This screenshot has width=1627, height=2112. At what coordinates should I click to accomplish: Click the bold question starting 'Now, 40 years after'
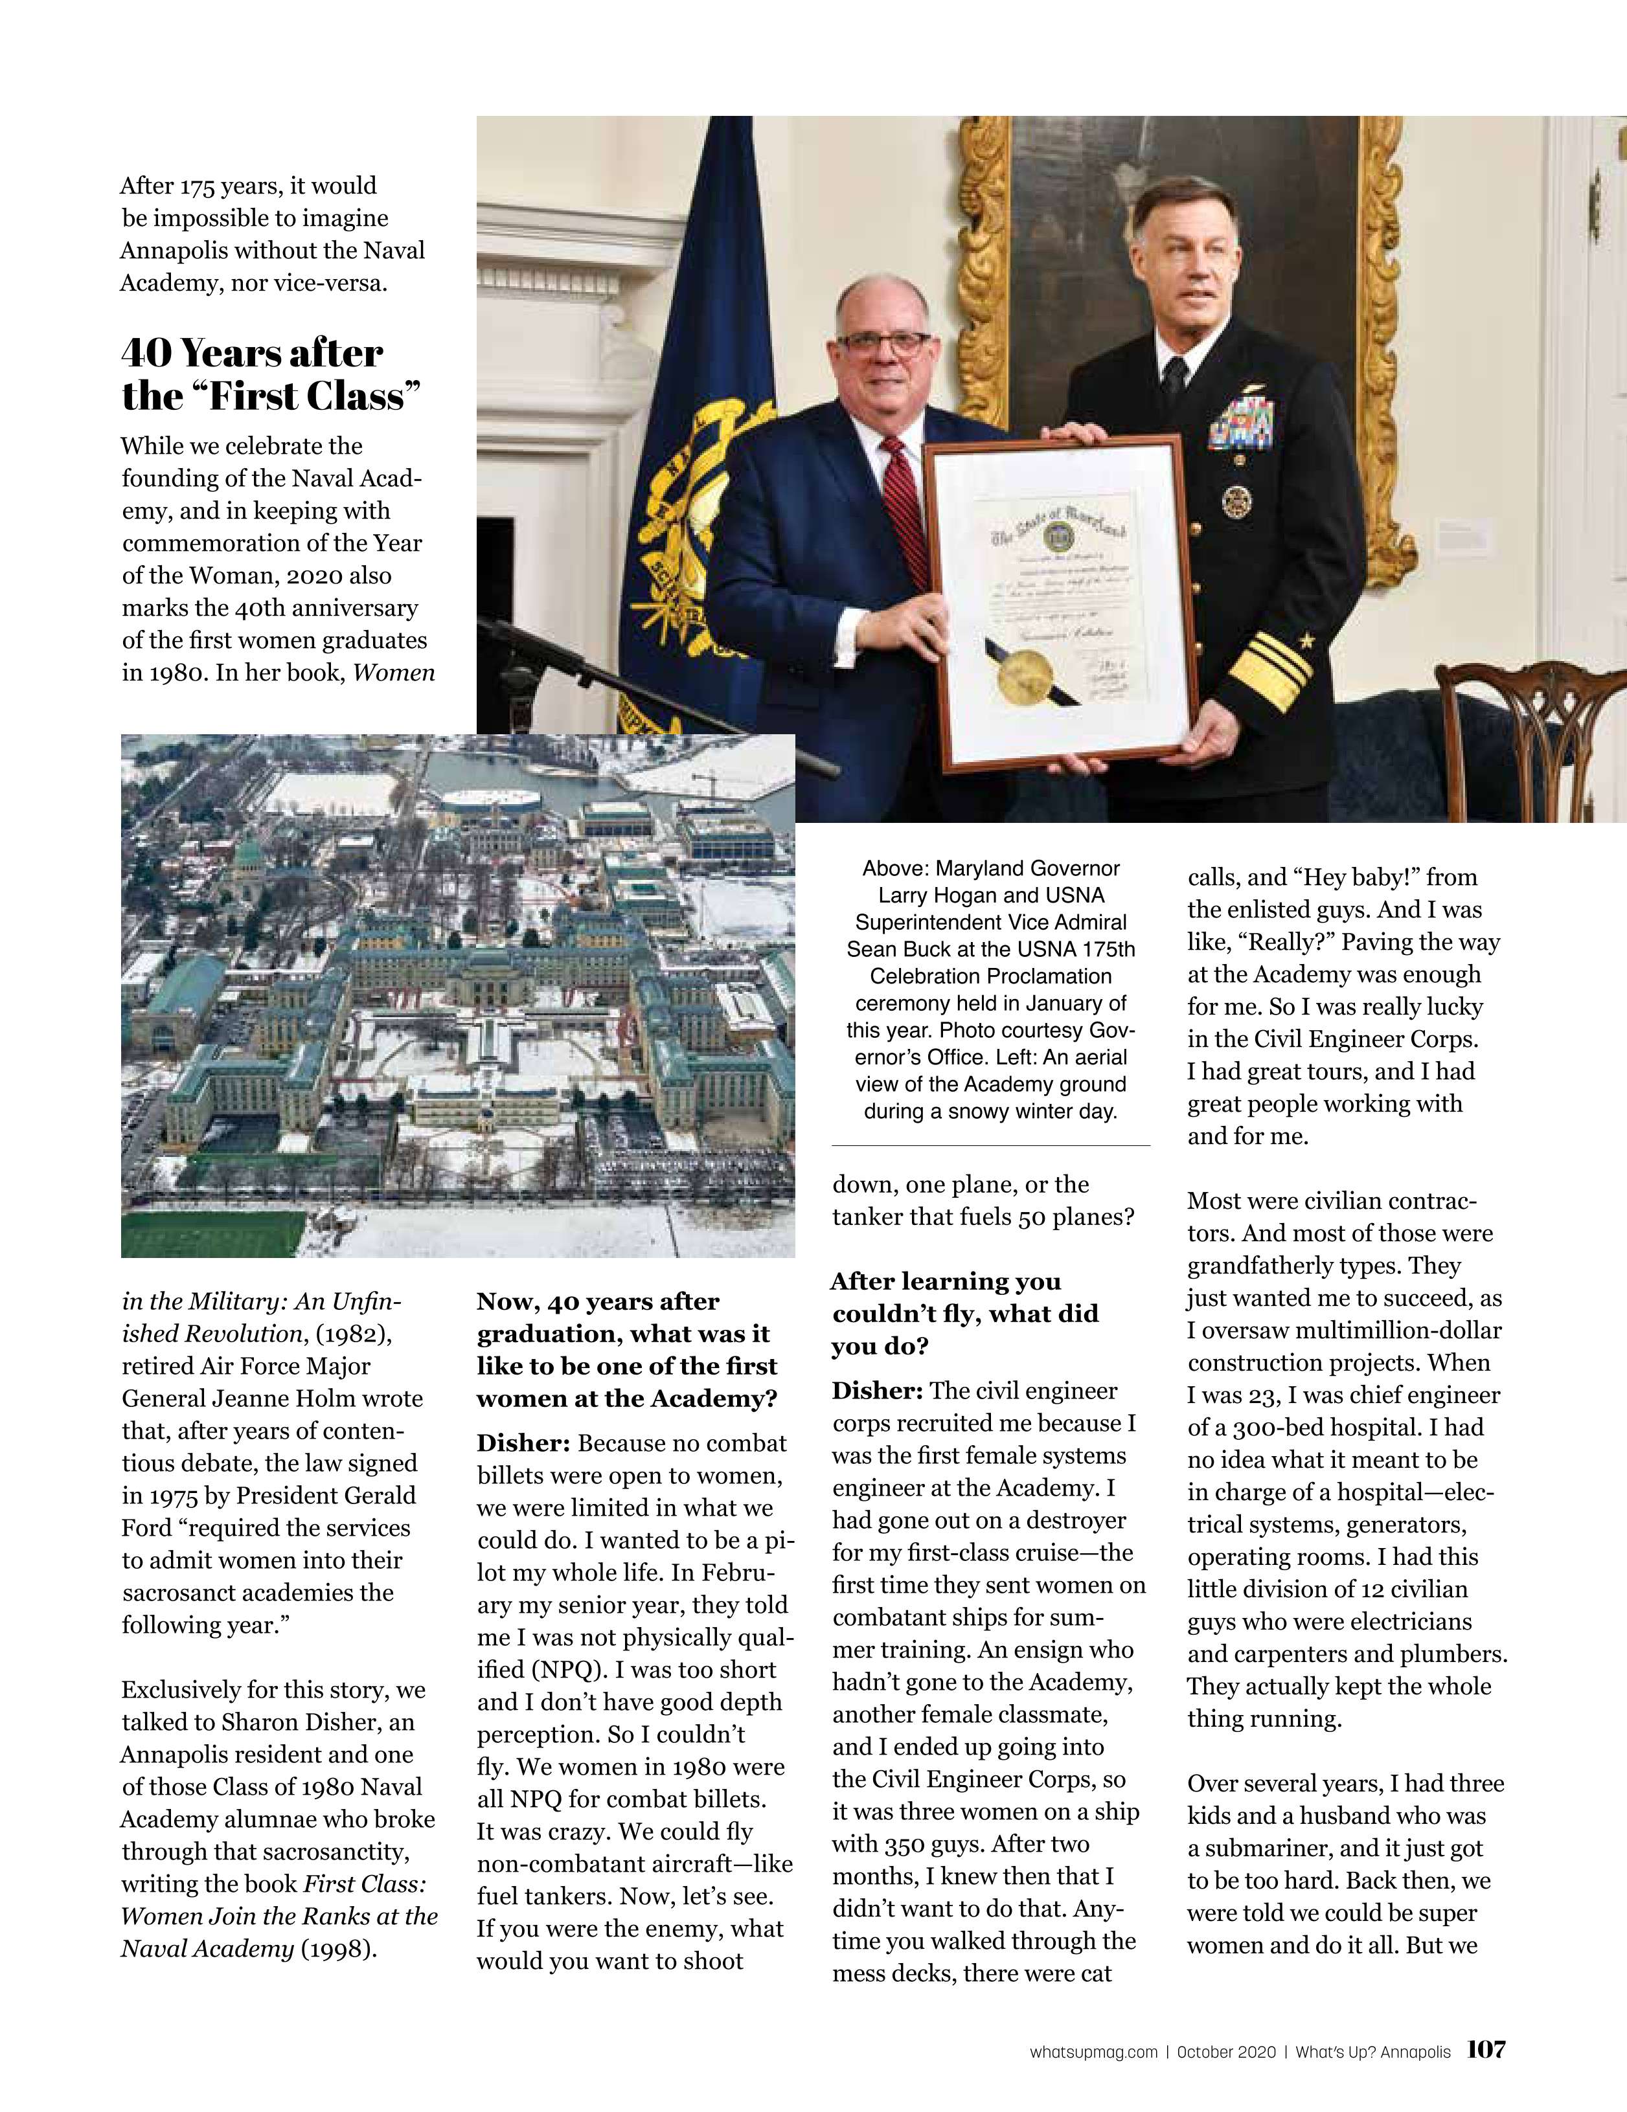[628, 1350]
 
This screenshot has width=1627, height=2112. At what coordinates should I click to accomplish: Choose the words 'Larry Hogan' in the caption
[937, 895]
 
